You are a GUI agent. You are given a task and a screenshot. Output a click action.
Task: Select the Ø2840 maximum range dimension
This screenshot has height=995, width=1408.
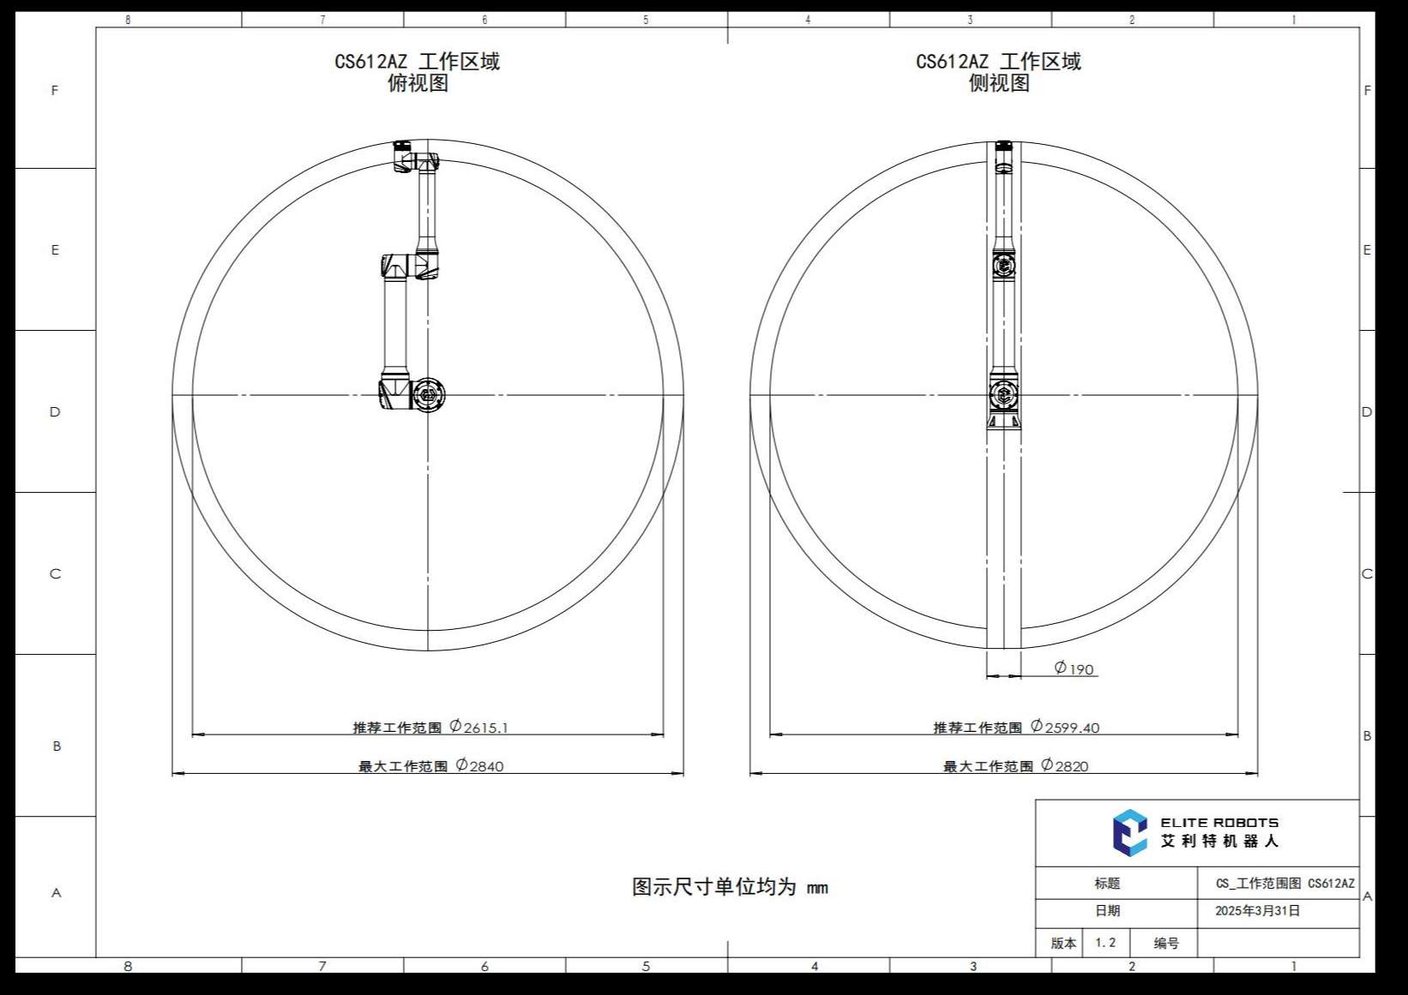coord(479,765)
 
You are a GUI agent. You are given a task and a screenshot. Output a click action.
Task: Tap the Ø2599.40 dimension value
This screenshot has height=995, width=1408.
coord(1065,727)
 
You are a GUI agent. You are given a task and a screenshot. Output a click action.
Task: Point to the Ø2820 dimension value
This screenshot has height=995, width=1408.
coord(1065,765)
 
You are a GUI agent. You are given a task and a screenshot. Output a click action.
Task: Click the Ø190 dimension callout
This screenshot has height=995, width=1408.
coord(1074,668)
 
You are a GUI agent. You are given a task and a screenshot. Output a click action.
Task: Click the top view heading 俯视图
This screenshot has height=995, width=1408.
coord(418,83)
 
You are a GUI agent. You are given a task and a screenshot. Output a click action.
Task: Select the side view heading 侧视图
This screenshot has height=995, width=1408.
coord(999,83)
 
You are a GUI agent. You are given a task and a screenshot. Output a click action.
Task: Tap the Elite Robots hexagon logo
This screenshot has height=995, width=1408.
coord(1129,832)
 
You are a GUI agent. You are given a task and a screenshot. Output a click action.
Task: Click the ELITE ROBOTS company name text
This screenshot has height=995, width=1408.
coord(1219,822)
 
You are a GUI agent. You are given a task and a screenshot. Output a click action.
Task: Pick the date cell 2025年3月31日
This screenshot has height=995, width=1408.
coord(1257,910)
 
